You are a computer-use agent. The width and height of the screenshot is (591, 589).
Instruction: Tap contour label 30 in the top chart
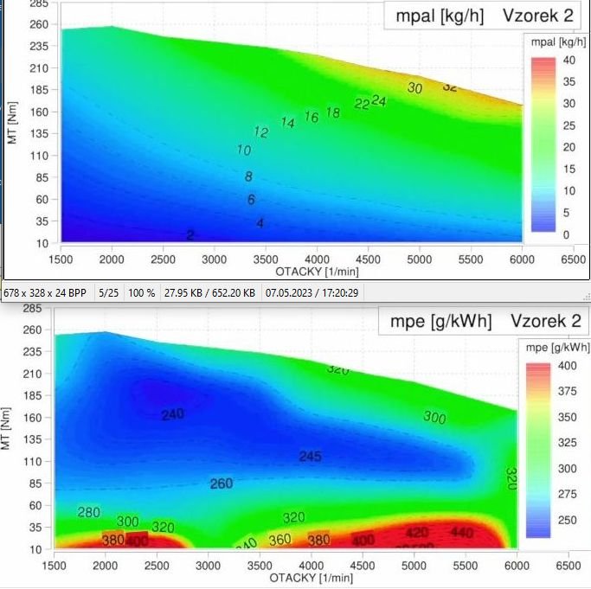(x=414, y=88)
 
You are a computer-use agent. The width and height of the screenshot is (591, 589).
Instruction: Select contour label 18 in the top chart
(x=332, y=112)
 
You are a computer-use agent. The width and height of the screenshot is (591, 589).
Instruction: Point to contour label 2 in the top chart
(x=190, y=234)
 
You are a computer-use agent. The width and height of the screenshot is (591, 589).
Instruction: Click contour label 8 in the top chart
(x=248, y=176)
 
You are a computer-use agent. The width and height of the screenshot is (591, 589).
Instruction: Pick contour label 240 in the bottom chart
(x=172, y=414)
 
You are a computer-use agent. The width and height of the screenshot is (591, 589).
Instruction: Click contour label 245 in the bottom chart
(x=310, y=456)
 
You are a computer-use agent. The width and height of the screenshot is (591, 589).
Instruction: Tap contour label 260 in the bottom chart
(x=222, y=483)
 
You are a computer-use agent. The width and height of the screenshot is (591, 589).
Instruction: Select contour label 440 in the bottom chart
(x=461, y=532)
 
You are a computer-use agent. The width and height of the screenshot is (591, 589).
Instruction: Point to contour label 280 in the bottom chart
(x=88, y=513)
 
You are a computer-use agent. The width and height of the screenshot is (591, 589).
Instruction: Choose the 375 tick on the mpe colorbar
(x=568, y=390)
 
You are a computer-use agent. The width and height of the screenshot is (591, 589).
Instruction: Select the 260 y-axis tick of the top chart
(x=37, y=24)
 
